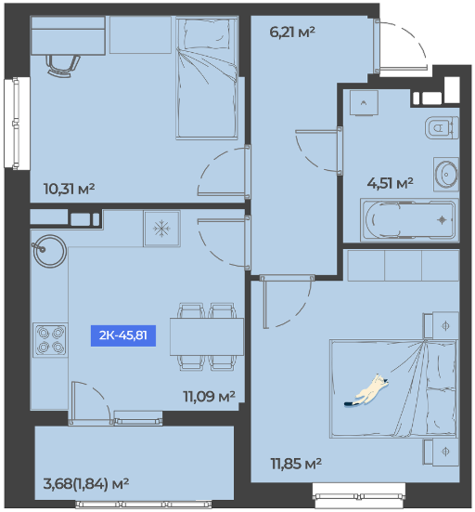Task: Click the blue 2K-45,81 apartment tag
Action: (x=122, y=335)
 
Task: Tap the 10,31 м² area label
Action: (x=69, y=189)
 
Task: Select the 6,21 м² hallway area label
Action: (x=292, y=33)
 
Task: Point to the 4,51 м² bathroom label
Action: (x=390, y=183)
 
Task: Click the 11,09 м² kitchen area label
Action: (x=209, y=397)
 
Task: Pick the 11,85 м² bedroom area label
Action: (x=296, y=464)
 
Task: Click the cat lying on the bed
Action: (x=366, y=391)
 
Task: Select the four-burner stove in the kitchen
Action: (x=50, y=339)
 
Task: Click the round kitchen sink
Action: (x=49, y=251)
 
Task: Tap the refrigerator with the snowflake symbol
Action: (x=161, y=229)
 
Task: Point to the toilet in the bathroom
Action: (x=442, y=127)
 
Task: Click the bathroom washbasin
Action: (x=446, y=175)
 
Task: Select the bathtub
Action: (x=409, y=219)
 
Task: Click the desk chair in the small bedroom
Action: (x=63, y=66)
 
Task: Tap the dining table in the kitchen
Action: (x=207, y=336)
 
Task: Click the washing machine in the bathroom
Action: (x=364, y=102)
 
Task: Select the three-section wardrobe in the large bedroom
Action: (x=404, y=265)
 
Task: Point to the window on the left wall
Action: (x=16, y=123)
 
